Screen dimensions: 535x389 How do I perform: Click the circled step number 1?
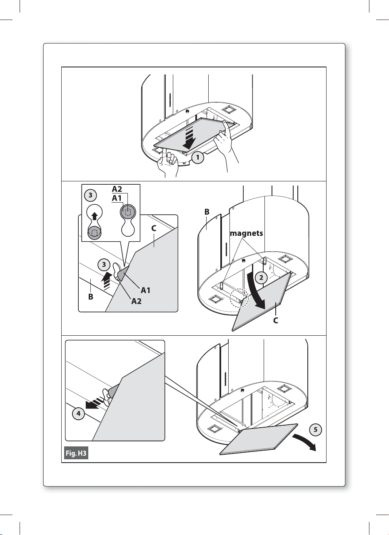pyautogui.click(x=199, y=158)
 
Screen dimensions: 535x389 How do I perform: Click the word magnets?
pyautogui.click(x=247, y=234)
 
